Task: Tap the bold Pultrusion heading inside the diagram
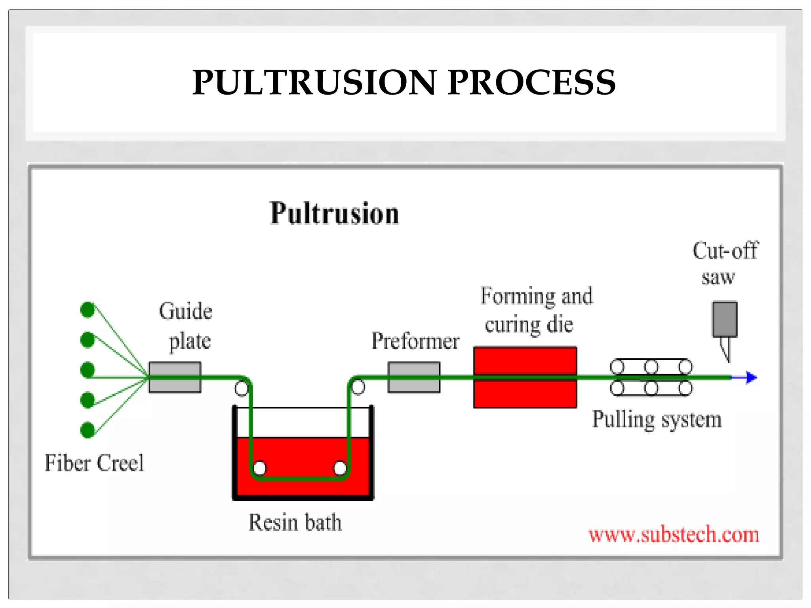point(334,213)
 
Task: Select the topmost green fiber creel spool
point(88,310)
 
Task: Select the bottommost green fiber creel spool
point(88,430)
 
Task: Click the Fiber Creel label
point(94,463)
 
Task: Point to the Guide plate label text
point(186,325)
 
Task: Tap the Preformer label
point(415,341)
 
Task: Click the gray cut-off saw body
point(725,319)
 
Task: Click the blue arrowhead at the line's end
point(751,377)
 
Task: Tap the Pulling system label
point(657,420)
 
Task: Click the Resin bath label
point(295,522)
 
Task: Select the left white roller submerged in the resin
point(259,468)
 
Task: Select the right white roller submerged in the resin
point(340,468)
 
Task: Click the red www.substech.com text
point(674,535)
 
